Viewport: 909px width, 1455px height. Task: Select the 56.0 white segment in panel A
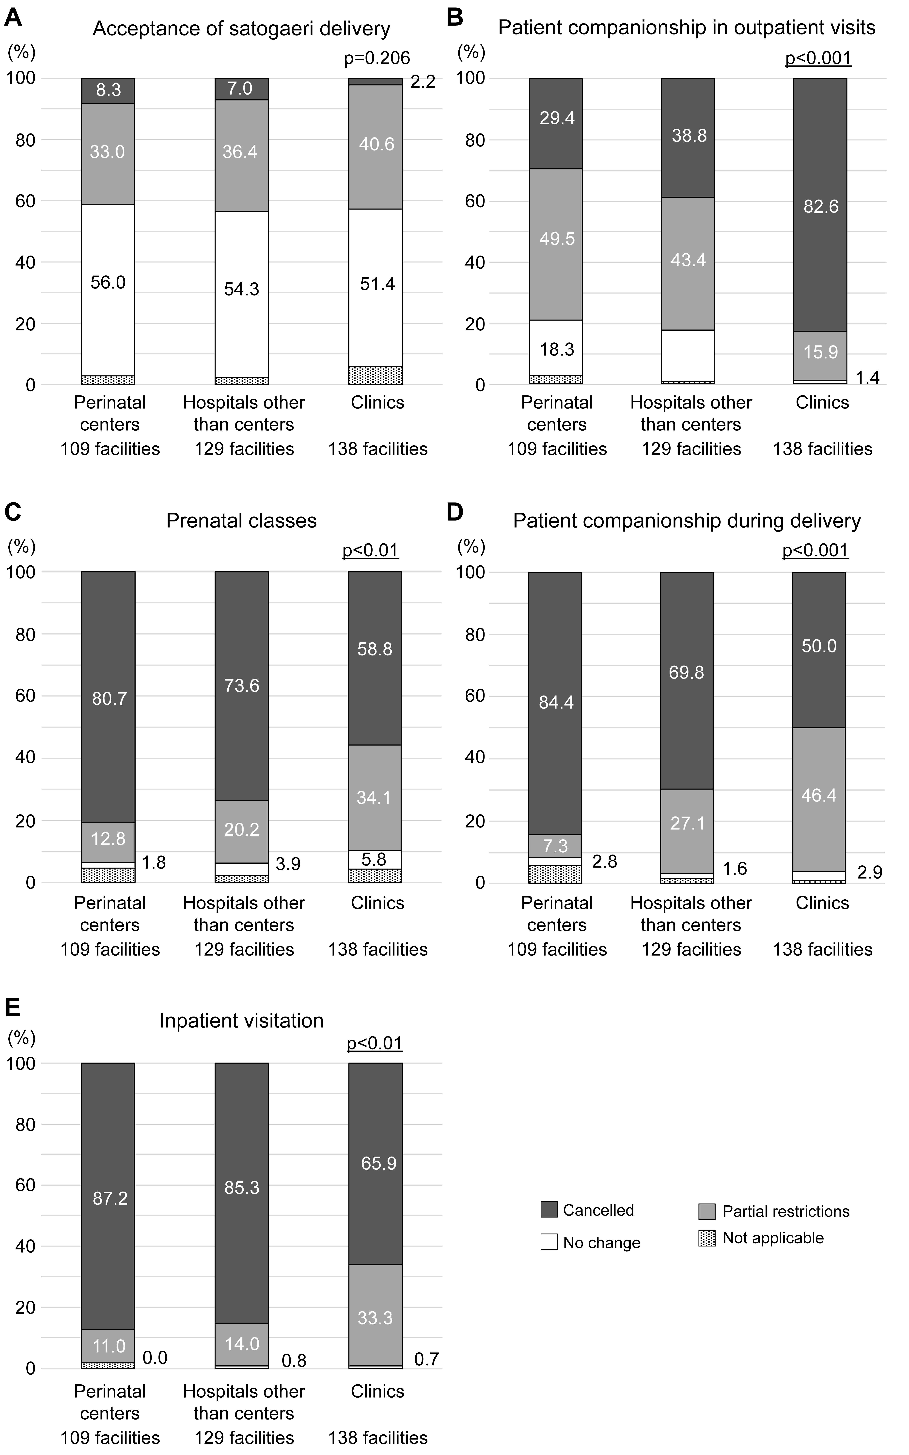108,290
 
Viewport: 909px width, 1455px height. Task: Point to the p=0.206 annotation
377,58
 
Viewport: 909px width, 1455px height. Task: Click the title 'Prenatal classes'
242,521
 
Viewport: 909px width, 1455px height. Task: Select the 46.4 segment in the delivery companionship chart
819,800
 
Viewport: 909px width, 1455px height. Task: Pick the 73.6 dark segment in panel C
242,686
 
